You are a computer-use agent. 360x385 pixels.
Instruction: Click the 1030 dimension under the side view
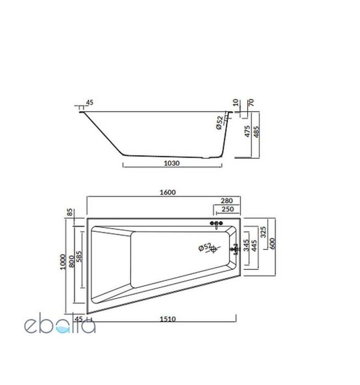(x=173, y=163)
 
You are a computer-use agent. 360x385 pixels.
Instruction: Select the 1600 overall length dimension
(x=167, y=192)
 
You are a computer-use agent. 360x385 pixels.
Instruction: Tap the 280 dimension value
(x=226, y=202)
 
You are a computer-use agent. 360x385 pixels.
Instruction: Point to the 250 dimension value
(x=226, y=210)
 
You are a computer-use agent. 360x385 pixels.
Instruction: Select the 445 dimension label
(x=254, y=244)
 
